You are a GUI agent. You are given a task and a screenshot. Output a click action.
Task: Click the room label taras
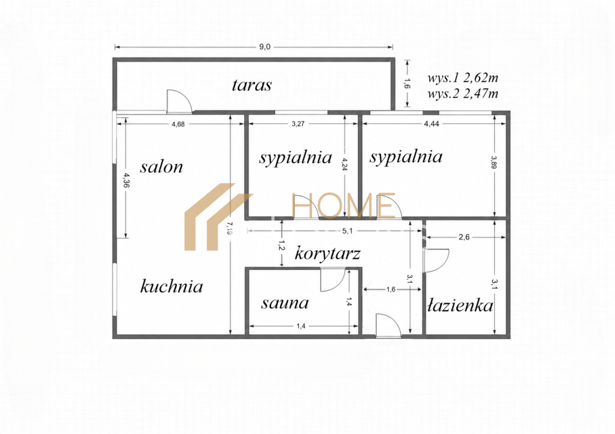click(x=252, y=85)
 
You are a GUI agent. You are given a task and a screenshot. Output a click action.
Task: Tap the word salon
click(x=161, y=167)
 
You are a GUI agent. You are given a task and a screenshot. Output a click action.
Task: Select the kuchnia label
click(x=172, y=286)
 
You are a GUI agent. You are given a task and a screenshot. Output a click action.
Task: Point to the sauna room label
click(x=285, y=303)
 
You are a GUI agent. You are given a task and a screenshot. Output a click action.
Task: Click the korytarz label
click(x=327, y=253)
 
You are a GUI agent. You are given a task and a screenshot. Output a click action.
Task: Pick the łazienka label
click(x=460, y=306)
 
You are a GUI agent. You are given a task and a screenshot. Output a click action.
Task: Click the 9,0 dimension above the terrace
click(x=264, y=47)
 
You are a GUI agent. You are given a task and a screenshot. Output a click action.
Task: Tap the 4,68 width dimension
click(x=178, y=124)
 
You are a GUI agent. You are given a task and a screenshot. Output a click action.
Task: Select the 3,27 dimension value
click(x=298, y=124)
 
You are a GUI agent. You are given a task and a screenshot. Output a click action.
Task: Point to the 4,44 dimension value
click(x=432, y=124)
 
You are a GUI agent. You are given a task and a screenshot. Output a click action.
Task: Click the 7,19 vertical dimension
click(x=230, y=228)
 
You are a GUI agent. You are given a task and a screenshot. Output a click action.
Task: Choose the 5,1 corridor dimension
click(x=347, y=231)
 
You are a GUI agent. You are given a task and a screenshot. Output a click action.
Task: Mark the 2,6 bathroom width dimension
click(x=464, y=237)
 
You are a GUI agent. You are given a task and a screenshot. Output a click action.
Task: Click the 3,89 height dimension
click(x=494, y=162)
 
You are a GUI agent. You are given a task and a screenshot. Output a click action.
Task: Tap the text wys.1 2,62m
click(x=463, y=78)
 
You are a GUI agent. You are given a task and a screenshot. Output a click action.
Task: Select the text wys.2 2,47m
click(x=463, y=94)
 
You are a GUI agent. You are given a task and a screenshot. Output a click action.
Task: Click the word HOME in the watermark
click(x=343, y=205)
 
